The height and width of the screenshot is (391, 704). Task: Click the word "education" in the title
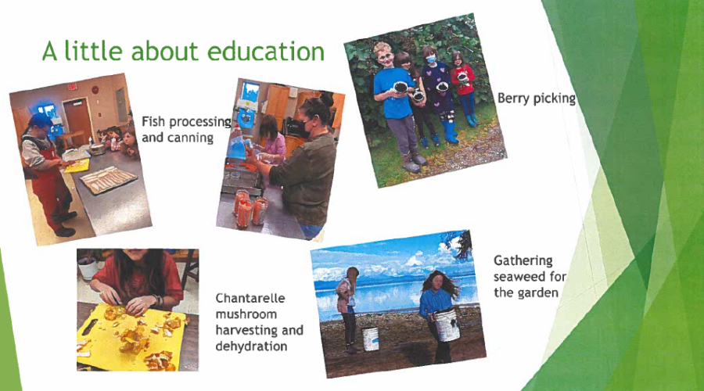pyautogui.click(x=266, y=51)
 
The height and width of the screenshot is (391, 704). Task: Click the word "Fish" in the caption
pyautogui.click(x=153, y=122)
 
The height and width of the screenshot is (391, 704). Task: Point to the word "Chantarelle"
pyautogui.click(x=250, y=298)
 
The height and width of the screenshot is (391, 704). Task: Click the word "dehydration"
pyautogui.click(x=251, y=346)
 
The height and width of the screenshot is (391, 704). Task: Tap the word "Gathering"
pyautogui.click(x=523, y=261)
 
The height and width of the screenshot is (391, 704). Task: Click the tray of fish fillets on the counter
pyautogui.click(x=108, y=180)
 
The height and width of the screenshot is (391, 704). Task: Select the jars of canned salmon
pyautogui.click(x=250, y=209)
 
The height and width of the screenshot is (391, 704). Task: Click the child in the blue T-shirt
pyautogui.click(x=397, y=106)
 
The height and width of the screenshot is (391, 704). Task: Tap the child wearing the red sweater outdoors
pyautogui.click(x=464, y=88)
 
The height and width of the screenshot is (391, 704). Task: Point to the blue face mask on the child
pyautogui.click(x=431, y=59)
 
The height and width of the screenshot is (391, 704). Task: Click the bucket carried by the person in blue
pyautogui.click(x=447, y=324)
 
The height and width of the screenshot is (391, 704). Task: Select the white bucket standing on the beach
pyautogui.click(x=371, y=339)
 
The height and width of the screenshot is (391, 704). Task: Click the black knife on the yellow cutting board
pyautogui.click(x=90, y=327)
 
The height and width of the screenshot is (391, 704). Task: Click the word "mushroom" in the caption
pyautogui.click(x=246, y=314)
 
